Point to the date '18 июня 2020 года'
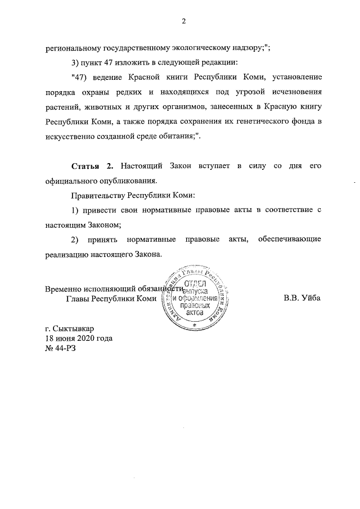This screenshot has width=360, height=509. (x=79, y=338)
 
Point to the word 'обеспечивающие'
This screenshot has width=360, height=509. (x=290, y=240)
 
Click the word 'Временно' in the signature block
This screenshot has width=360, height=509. (x=64, y=288)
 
